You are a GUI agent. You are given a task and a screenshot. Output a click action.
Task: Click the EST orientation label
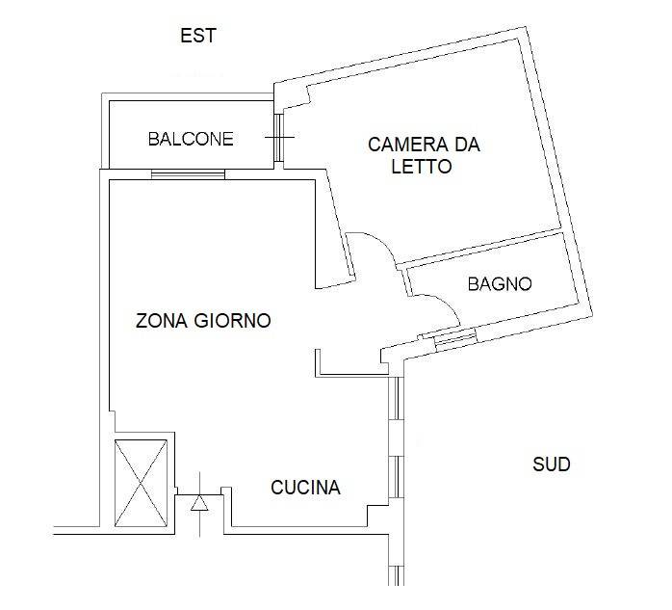(198, 36)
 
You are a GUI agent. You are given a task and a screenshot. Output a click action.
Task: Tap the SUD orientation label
(552, 464)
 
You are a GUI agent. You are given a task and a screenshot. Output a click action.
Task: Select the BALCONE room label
(191, 139)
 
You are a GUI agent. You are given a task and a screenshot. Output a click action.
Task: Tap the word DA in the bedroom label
(466, 146)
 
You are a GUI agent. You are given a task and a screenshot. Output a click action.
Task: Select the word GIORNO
(234, 320)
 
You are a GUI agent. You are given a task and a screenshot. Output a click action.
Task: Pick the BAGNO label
(500, 283)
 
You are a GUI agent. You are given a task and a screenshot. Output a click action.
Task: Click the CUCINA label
(305, 488)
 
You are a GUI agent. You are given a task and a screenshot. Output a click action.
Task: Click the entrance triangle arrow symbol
(199, 502)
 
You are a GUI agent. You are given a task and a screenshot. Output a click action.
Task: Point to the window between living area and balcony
(188, 174)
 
